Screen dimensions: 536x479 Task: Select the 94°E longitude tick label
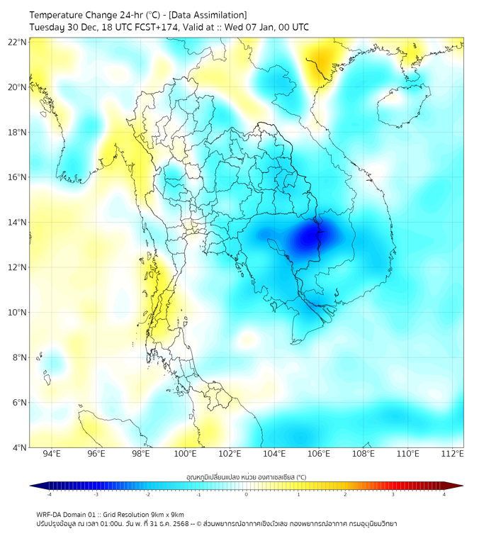coord(52,454)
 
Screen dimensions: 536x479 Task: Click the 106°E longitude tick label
coord(319,454)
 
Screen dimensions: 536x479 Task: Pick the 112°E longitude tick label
coord(452,454)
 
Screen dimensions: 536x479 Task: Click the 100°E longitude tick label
coord(185,454)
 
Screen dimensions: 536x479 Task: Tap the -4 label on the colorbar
coord(49,494)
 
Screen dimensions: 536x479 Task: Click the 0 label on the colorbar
coord(247,494)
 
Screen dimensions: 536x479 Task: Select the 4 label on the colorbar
coord(444,494)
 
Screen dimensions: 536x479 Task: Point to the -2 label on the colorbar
coord(147,494)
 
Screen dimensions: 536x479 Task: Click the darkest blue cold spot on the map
coord(310,238)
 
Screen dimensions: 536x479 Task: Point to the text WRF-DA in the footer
coord(51,514)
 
